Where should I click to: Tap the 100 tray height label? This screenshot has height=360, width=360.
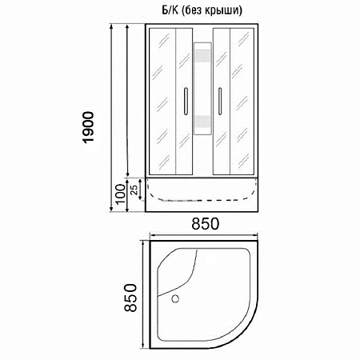coord(119,194)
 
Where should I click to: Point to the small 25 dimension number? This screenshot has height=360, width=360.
coord(133,189)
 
